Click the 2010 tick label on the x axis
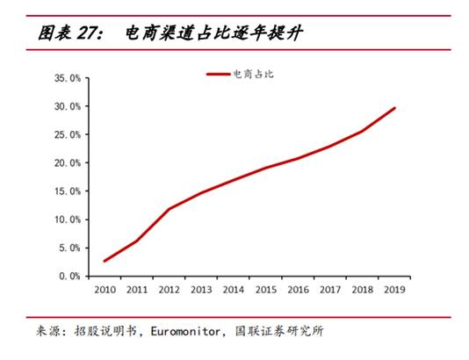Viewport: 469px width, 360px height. coord(105,288)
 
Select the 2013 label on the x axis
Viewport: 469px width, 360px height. coord(201,288)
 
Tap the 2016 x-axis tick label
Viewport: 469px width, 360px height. coord(298,288)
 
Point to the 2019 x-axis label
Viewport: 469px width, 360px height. coord(394,288)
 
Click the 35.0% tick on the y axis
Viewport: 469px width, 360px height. coord(68,78)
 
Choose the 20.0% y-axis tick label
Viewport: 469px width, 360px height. coord(68,163)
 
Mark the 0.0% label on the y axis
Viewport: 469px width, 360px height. coord(70,276)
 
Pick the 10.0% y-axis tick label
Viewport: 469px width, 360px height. coord(68,220)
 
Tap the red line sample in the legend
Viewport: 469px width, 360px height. coord(219,75)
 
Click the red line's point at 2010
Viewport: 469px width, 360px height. coord(105,261)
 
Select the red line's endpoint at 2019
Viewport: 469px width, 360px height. coord(394,108)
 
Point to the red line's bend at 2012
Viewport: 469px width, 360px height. coord(169,209)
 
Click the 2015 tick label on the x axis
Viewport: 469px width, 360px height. coord(265,288)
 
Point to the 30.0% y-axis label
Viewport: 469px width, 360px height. coord(68,106)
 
